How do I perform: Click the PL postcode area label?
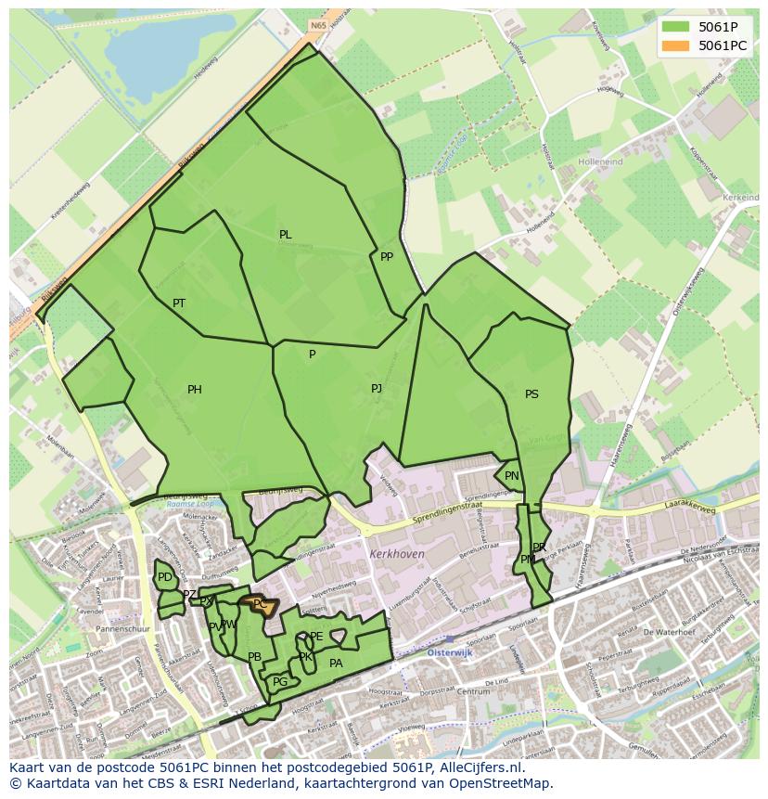pyautogui.click(x=286, y=235)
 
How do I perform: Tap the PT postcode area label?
pyautogui.click(x=179, y=303)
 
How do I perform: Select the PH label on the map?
pyautogui.click(x=194, y=390)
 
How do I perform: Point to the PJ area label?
pyautogui.click(x=377, y=389)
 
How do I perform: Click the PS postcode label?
pyautogui.click(x=531, y=394)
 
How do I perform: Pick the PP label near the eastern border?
pyautogui.click(x=387, y=257)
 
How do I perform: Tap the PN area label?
pyautogui.click(x=512, y=476)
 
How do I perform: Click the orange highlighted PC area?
pyautogui.click(x=260, y=604)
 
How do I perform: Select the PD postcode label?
pyautogui.click(x=165, y=577)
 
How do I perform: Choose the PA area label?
pyautogui.click(x=336, y=664)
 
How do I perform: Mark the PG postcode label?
pyautogui.click(x=280, y=682)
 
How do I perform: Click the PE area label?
pyautogui.click(x=316, y=637)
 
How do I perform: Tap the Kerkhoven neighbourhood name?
pyautogui.click(x=396, y=553)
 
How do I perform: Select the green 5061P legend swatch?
pyautogui.click(x=675, y=26)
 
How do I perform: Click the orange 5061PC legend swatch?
pyautogui.click(x=675, y=45)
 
